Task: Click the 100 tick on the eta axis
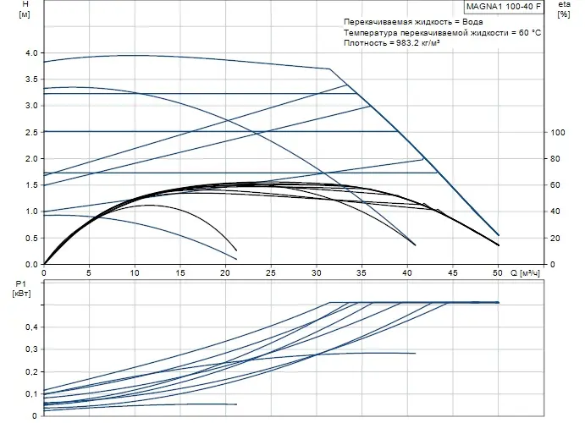[x=557, y=133]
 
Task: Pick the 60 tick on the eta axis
[x=556, y=185]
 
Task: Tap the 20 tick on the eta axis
[x=556, y=239]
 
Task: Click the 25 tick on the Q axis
[x=271, y=273]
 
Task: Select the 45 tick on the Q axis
[x=453, y=273]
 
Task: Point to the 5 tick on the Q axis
[x=90, y=273]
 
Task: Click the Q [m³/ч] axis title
[x=528, y=273]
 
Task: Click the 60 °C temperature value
[x=528, y=31]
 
